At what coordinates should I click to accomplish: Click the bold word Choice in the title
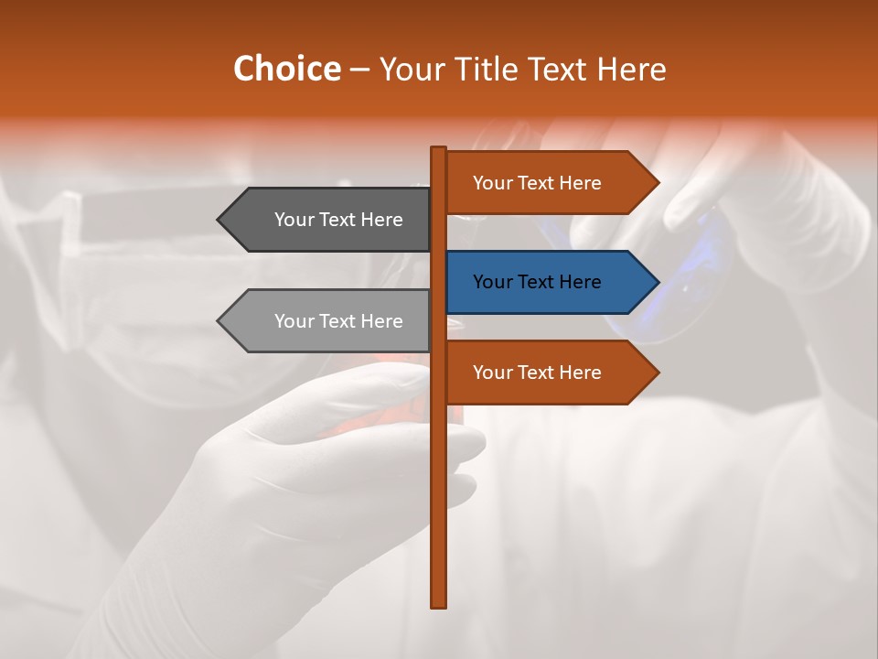tap(286, 69)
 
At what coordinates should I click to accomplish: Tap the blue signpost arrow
tap(549, 282)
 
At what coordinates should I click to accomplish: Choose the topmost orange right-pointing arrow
tap(549, 183)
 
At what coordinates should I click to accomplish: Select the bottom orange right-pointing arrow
tap(549, 373)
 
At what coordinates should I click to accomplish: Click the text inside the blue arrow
tap(537, 282)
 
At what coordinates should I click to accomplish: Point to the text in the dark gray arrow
tap(338, 220)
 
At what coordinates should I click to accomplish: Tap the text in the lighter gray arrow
tap(338, 321)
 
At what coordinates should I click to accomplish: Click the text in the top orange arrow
tap(537, 183)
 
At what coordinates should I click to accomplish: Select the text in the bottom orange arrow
tap(537, 373)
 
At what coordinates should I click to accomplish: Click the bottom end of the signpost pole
tap(438, 603)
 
